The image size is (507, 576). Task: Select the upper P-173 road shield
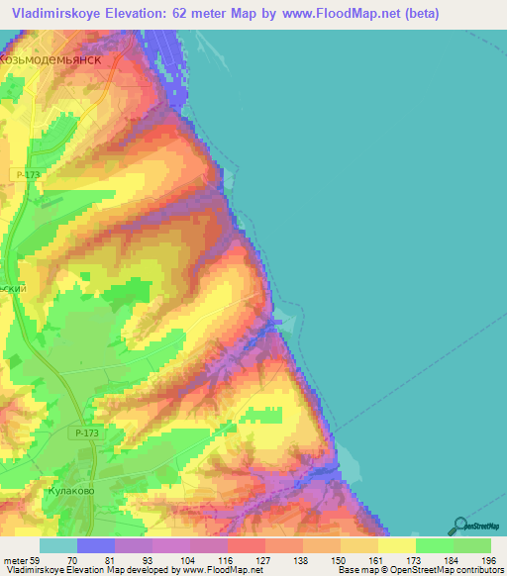click(28, 174)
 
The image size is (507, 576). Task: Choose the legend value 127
click(262, 560)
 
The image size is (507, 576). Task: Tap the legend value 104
click(188, 560)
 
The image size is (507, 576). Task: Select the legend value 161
click(376, 560)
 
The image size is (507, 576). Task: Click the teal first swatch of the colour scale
click(58, 545)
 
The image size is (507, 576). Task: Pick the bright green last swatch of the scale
click(471, 545)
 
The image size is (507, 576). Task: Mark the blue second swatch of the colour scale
click(96, 545)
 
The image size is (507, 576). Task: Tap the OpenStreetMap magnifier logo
click(460, 526)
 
